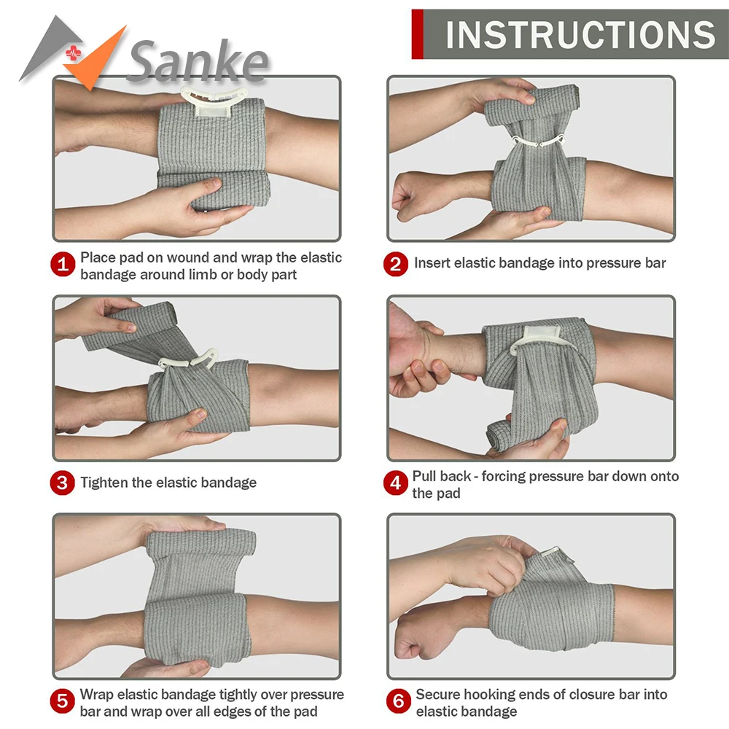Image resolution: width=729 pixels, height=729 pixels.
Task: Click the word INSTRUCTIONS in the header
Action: (580, 34)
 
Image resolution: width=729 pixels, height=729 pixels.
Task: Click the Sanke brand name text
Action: (197, 62)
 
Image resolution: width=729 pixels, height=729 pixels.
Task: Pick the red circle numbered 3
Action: (63, 483)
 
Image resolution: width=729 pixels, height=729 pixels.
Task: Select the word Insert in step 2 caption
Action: (432, 263)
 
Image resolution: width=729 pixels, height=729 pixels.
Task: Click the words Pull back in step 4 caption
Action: (442, 476)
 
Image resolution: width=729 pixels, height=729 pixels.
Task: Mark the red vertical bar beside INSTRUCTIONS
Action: (417, 34)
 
